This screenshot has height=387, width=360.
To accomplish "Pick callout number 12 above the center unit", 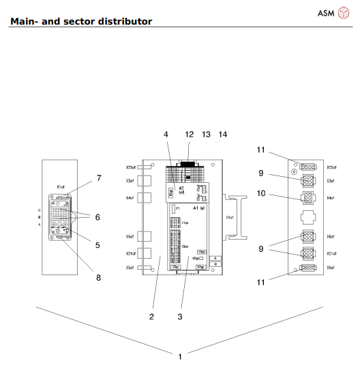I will (190, 134).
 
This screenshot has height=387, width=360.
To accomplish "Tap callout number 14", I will (222, 134).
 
